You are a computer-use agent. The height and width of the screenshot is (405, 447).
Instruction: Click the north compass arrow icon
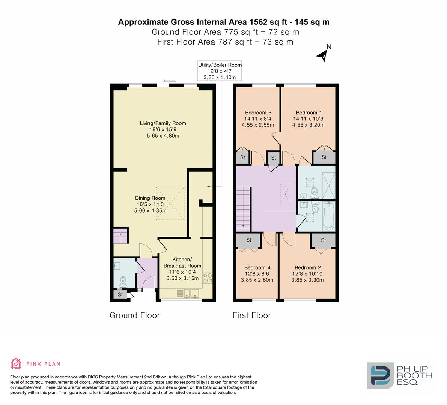323,55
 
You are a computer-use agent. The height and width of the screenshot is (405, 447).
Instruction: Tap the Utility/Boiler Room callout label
220,71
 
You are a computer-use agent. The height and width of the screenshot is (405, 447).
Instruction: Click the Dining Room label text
150,198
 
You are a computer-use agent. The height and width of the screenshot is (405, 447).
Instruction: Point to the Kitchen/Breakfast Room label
182,262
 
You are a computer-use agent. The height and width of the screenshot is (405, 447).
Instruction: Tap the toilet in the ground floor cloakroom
123,281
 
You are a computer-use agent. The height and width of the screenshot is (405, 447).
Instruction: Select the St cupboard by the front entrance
120,294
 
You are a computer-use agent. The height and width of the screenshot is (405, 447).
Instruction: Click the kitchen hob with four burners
208,278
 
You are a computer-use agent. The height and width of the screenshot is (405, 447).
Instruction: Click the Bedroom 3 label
258,112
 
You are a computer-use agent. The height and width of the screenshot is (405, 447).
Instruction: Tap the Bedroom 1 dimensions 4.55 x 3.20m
309,125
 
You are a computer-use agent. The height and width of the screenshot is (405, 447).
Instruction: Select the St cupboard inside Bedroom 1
324,157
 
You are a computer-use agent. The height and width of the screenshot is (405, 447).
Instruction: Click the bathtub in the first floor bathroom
328,216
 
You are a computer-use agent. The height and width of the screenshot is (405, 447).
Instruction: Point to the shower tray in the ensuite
329,185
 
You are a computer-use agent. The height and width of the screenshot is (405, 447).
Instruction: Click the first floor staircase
243,208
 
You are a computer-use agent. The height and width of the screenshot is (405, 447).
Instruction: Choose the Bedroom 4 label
257,267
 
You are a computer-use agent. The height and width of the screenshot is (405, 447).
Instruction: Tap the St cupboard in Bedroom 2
323,240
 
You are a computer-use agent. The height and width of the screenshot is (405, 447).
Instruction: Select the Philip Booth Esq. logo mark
380,375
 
